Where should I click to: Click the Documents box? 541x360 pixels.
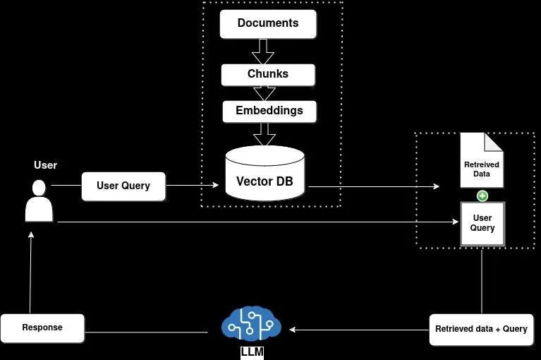point(268,23)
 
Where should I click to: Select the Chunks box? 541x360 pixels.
point(268,74)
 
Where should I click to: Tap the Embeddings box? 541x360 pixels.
point(269,111)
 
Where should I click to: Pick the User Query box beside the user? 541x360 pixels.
point(123,186)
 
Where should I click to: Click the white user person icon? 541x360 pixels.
point(39,201)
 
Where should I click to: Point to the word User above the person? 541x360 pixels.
point(45,165)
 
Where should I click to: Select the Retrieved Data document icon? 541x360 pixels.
point(482,161)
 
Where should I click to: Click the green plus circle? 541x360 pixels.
point(482,196)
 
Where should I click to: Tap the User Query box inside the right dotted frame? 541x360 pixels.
point(482,224)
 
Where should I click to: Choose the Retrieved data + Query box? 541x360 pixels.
point(481,330)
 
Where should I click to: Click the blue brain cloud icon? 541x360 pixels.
point(251,325)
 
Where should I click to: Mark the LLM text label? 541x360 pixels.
point(252,352)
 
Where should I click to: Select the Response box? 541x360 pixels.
point(42,328)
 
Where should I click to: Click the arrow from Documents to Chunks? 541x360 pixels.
point(263,51)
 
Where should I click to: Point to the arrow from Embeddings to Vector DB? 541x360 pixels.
point(264,133)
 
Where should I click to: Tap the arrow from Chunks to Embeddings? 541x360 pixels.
point(264,93)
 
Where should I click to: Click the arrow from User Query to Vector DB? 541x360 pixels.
point(193,186)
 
